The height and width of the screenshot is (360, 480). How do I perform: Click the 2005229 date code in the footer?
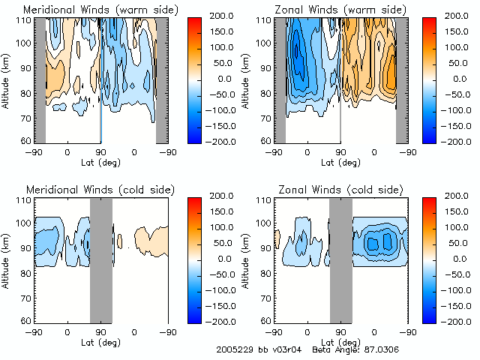point(234,350)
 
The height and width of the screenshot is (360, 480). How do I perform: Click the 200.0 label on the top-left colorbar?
point(223,15)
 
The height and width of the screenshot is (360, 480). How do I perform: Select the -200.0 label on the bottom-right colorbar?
point(460,321)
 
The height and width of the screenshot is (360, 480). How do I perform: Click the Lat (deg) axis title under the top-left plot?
point(100,162)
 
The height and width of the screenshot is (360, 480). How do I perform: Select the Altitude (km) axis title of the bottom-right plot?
point(248,259)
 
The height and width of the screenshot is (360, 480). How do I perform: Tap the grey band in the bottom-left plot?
point(100,259)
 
